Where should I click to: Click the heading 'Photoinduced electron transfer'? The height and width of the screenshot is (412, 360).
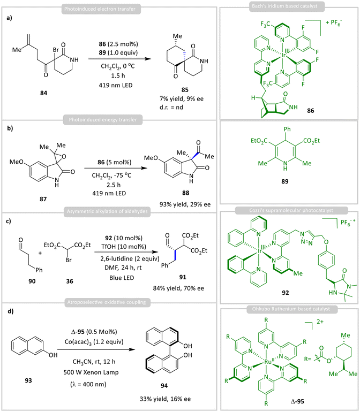(100, 9)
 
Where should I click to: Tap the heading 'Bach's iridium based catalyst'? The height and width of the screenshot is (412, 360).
(285, 6)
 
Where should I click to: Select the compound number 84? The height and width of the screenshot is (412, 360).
(44, 93)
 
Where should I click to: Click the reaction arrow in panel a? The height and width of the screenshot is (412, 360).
(120, 59)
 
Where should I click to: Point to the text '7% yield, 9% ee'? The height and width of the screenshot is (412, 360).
(182, 99)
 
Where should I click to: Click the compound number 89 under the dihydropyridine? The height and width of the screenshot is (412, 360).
(285, 181)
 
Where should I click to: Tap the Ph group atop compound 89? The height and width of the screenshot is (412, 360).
(287, 129)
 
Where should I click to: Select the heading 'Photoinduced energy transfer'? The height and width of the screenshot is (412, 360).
(103, 120)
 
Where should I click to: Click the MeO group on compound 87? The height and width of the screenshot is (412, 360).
(16, 162)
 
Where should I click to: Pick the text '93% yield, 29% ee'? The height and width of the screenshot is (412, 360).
(185, 204)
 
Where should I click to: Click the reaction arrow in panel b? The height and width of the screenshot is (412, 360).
(116, 168)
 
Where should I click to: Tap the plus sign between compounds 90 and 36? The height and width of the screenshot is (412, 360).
(40, 253)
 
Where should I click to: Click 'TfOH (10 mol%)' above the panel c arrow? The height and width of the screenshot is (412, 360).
(124, 247)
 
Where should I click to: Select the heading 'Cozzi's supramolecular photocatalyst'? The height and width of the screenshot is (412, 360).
(291, 210)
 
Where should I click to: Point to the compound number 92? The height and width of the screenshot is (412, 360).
(285, 293)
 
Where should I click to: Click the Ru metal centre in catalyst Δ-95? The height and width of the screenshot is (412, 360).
(268, 362)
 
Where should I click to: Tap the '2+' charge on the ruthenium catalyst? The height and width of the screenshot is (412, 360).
(320, 322)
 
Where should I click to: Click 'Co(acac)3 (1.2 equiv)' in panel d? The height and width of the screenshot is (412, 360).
(94, 342)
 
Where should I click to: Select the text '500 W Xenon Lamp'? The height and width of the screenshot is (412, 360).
(91, 372)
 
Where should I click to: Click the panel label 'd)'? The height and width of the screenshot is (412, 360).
(11, 311)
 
